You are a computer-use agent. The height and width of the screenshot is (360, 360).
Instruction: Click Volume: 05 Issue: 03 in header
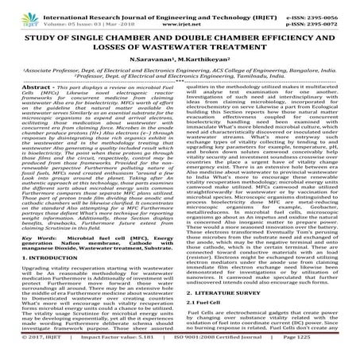81,15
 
